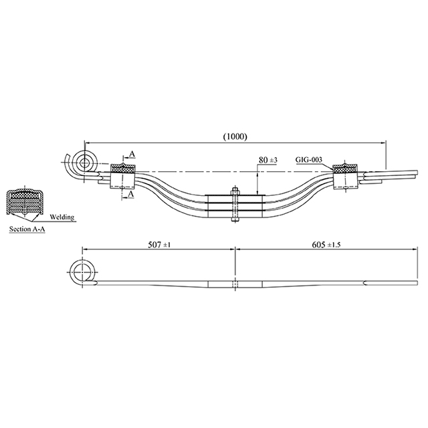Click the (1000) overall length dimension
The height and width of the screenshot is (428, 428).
coord(235,136)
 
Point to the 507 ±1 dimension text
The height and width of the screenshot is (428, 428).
coord(160,245)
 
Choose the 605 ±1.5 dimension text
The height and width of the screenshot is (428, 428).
coord(327,245)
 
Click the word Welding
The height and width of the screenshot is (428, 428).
coord(62,217)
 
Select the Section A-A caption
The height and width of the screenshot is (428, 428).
coord(27,228)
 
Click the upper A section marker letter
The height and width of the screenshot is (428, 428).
coord(132,154)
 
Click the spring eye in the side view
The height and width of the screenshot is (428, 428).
coord(86,162)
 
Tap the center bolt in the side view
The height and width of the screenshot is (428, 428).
coord(234,205)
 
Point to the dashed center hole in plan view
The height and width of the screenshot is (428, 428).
coord(234,284)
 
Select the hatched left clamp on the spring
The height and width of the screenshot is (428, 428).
coord(122,175)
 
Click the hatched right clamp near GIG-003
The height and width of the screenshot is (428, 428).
coord(344,173)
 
